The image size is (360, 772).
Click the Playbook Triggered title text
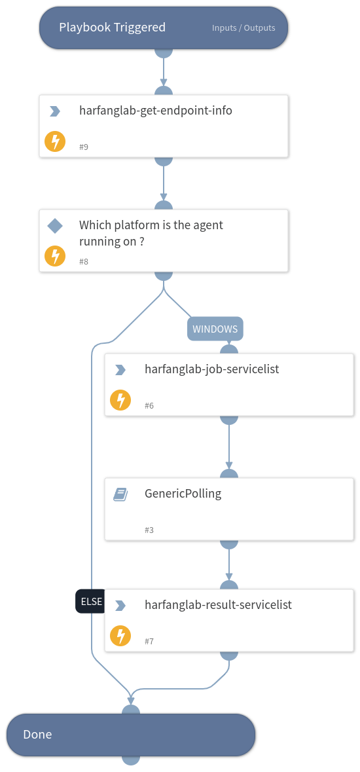112,28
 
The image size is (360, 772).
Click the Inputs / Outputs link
243,28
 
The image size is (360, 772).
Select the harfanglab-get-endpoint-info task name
156,111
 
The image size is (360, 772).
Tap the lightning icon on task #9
55,141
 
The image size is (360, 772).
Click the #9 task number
84,147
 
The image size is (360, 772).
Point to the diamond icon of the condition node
55,226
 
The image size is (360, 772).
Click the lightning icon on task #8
55,255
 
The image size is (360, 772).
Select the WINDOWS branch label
215,329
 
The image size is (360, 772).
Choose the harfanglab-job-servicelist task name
211,369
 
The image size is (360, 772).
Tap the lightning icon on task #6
120,399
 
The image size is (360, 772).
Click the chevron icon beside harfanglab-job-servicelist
120,370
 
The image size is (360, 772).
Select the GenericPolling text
183,494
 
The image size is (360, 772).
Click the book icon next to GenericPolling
120,495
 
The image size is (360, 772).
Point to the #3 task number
149,530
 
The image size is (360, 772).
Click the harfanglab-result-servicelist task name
218,605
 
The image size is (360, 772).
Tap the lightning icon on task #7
120,635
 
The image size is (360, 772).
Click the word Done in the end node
37,735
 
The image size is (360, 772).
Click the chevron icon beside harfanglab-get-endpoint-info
55,111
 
